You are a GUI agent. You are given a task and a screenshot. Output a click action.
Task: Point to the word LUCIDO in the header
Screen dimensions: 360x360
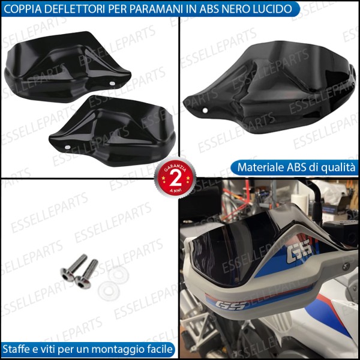pos(275,10)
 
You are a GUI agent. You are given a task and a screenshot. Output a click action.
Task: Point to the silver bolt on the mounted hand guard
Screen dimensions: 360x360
pos(347,265)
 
